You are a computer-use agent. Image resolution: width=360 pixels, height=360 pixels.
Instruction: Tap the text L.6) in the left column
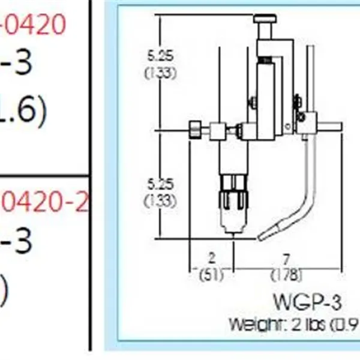point(22,112)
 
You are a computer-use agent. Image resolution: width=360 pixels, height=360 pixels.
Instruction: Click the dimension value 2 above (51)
point(211,259)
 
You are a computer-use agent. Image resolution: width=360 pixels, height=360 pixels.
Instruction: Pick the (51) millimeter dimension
point(211,275)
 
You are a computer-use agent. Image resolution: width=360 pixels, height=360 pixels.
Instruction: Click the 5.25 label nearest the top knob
point(160,55)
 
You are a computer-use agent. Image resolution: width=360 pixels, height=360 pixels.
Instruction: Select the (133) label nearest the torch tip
point(160,200)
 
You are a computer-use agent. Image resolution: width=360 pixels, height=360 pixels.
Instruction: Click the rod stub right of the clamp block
point(331,126)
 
